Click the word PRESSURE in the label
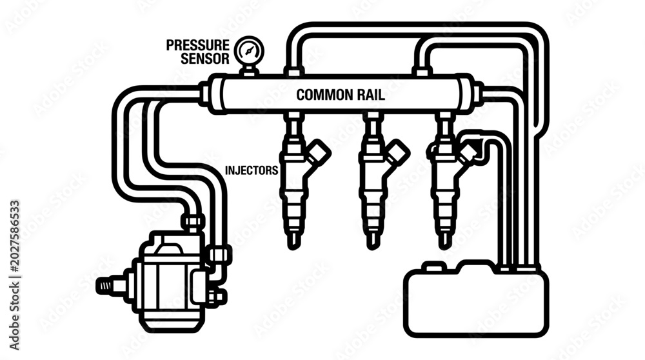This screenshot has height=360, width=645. coord(197,45)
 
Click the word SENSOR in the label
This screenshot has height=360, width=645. coord(205,59)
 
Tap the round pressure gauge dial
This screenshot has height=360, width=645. coord(249,51)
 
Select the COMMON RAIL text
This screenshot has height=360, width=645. coord(341,95)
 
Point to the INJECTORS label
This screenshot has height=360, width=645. coord(252,170)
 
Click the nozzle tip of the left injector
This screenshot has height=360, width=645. coord(293,244)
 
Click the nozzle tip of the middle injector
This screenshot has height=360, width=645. coord(372,244)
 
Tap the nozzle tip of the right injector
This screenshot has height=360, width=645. coord(442,244)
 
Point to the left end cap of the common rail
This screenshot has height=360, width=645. coord(217,94)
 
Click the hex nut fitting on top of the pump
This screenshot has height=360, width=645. coord(193,221)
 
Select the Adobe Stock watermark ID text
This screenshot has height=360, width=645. coord(14,275)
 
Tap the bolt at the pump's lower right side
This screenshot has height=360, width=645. coord(217,296)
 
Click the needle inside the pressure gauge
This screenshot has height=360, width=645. coord(249,51)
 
